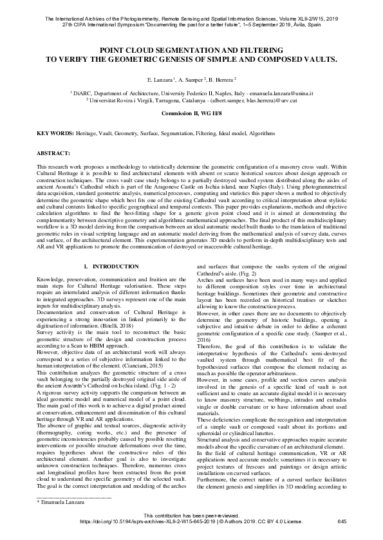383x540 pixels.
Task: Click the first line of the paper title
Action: tap(191, 49)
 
